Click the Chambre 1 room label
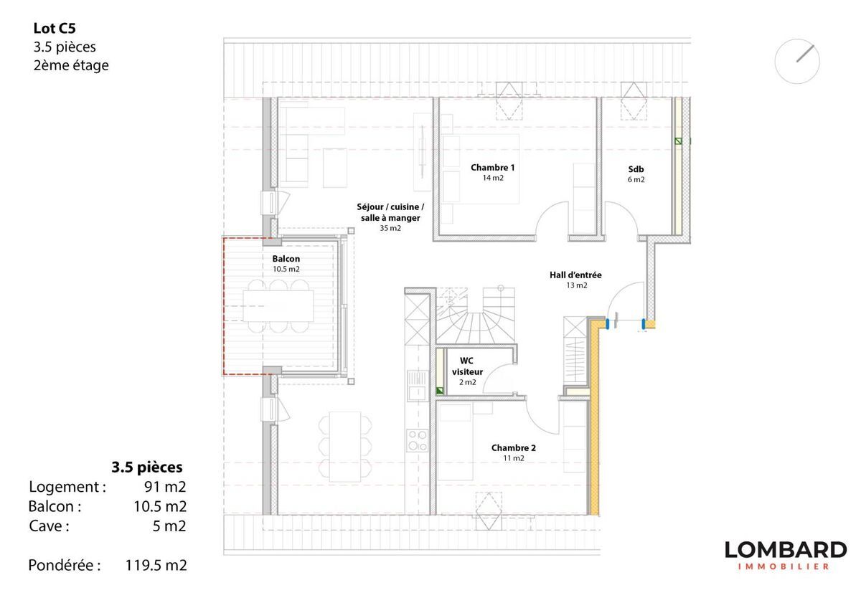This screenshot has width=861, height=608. point(492,168)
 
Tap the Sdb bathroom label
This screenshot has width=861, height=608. point(636,169)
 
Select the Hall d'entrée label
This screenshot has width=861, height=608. point(575,275)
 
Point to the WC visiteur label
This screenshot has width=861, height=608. point(467,366)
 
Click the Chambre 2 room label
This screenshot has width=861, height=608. point(514,448)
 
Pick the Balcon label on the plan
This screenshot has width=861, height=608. point(286,259)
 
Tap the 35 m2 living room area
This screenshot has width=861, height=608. point(390,228)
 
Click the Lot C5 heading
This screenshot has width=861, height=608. point(55,28)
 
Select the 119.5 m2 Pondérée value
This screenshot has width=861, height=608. point(156,566)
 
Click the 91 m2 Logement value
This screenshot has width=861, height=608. point(165,487)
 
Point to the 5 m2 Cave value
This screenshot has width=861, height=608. point(169,526)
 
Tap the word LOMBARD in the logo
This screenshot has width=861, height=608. point(786,550)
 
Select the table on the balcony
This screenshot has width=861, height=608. point(278,305)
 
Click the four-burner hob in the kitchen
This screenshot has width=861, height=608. point(417,440)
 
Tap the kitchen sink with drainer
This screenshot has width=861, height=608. point(417,385)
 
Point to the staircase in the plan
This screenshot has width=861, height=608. point(476,315)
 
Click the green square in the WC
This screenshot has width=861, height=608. point(440,391)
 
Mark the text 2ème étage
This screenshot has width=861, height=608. point(71,65)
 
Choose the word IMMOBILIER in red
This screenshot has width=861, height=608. point(784,566)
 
